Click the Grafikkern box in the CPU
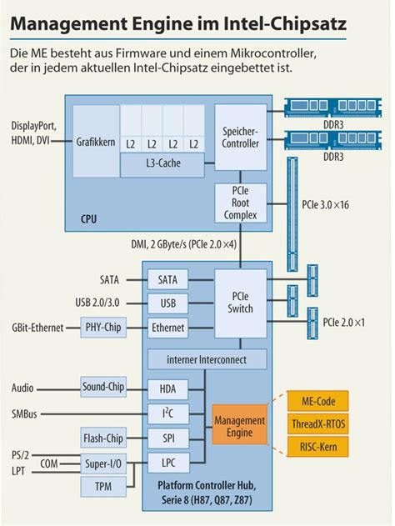point(95,142)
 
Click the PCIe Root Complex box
point(242,203)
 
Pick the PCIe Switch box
point(242,303)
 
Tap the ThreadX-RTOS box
point(318,424)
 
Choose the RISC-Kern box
point(318,447)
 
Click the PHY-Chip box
point(104,328)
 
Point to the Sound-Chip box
point(104,387)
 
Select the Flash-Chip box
point(104,438)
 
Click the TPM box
point(104,486)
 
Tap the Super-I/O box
point(104,463)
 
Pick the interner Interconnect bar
point(208,359)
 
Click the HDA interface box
point(167,388)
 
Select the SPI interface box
point(167,438)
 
